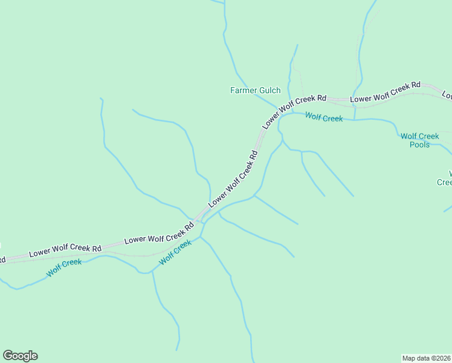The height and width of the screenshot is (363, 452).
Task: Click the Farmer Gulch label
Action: click(x=255, y=91)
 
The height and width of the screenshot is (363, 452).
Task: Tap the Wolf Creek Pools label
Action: click(x=419, y=140)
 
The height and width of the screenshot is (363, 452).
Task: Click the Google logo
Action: click(x=20, y=356)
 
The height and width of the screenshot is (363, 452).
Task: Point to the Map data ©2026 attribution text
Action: click(x=426, y=358)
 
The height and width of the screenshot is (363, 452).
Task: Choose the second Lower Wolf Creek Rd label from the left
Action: click(x=159, y=232)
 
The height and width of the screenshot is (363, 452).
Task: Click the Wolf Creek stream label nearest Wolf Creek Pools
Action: click(x=324, y=118)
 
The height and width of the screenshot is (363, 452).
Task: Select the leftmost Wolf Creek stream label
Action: click(x=64, y=268)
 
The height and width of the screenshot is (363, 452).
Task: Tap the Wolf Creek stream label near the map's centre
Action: click(x=175, y=253)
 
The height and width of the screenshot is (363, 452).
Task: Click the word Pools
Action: click(x=419, y=145)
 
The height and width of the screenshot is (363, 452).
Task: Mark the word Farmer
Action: click(x=244, y=91)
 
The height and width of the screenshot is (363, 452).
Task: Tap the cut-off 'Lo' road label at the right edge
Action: click(x=447, y=95)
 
